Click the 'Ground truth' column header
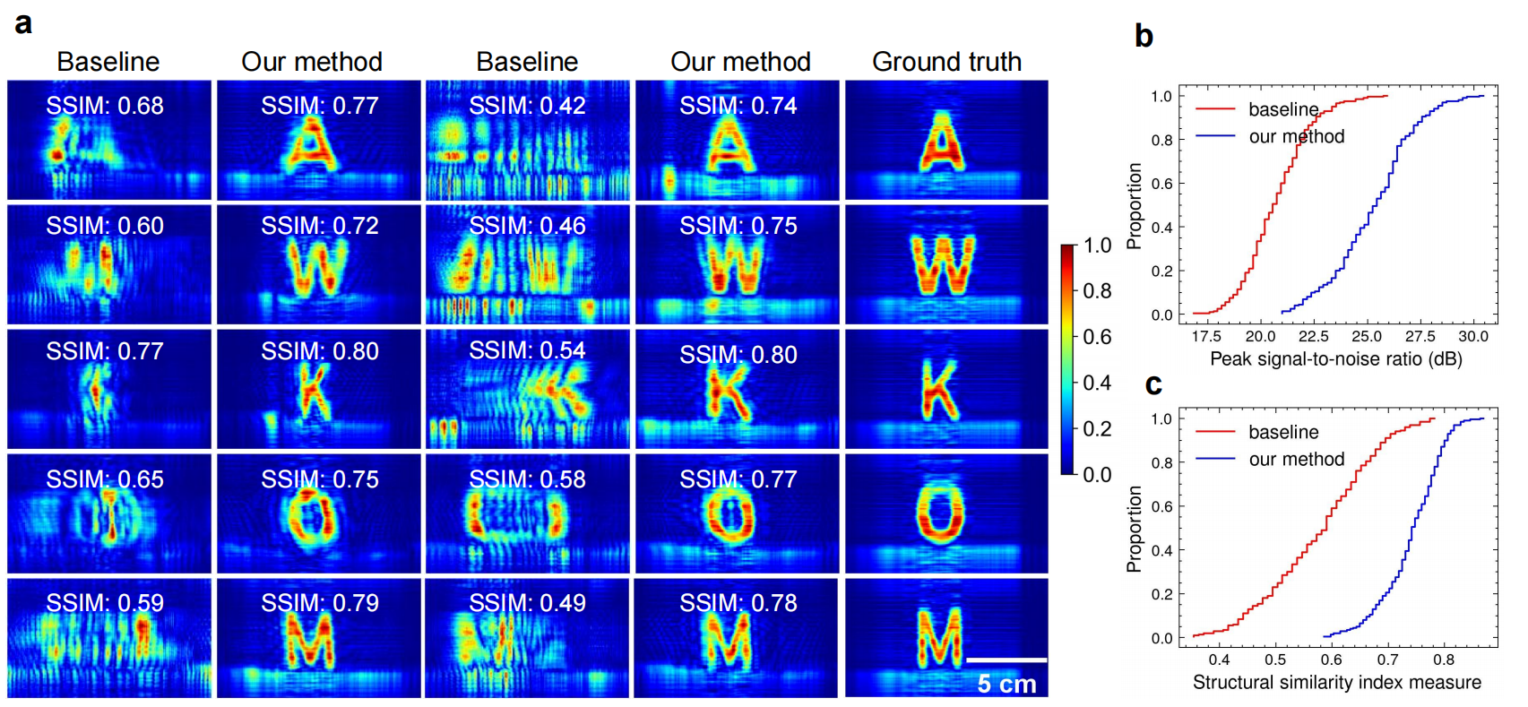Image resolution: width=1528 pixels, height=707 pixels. pyautogui.click(x=946, y=62)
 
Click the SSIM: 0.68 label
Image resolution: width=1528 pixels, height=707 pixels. pyautogui.click(x=105, y=106)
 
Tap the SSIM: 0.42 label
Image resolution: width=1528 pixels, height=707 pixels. pyautogui.click(x=527, y=106)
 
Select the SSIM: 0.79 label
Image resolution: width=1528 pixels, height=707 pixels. pyautogui.click(x=320, y=603)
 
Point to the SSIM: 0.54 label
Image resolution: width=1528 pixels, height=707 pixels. pyautogui.click(x=527, y=350)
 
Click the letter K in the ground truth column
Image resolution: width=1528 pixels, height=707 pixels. pyautogui.click(x=939, y=391)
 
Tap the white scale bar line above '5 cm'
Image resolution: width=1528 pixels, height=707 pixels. pyautogui.click(x=1006, y=660)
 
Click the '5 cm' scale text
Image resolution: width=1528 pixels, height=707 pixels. pyautogui.click(x=1006, y=685)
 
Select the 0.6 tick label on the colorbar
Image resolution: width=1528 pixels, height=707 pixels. pyautogui.click(x=1097, y=337)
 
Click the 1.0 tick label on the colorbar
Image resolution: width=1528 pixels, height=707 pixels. pyautogui.click(x=1097, y=246)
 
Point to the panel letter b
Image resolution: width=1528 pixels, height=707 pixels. pyautogui.click(x=1144, y=36)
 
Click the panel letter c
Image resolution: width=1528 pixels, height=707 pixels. pyautogui.click(x=1153, y=384)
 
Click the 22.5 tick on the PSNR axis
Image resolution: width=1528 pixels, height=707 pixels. pyautogui.click(x=1313, y=337)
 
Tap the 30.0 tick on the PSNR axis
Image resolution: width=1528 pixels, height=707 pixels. pyautogui.click(x=1473, y=337)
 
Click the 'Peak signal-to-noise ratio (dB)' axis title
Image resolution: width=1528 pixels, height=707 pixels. pyautogui.click(x=1335, y=359)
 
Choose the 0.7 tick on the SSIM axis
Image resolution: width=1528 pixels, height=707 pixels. pyautogui.click(x=1387, y=660)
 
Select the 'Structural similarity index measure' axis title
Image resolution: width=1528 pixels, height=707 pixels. pyautogui.click(x=1336, y=683)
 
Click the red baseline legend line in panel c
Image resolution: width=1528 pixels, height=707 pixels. pyautogui.click(x=1215, y=432)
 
